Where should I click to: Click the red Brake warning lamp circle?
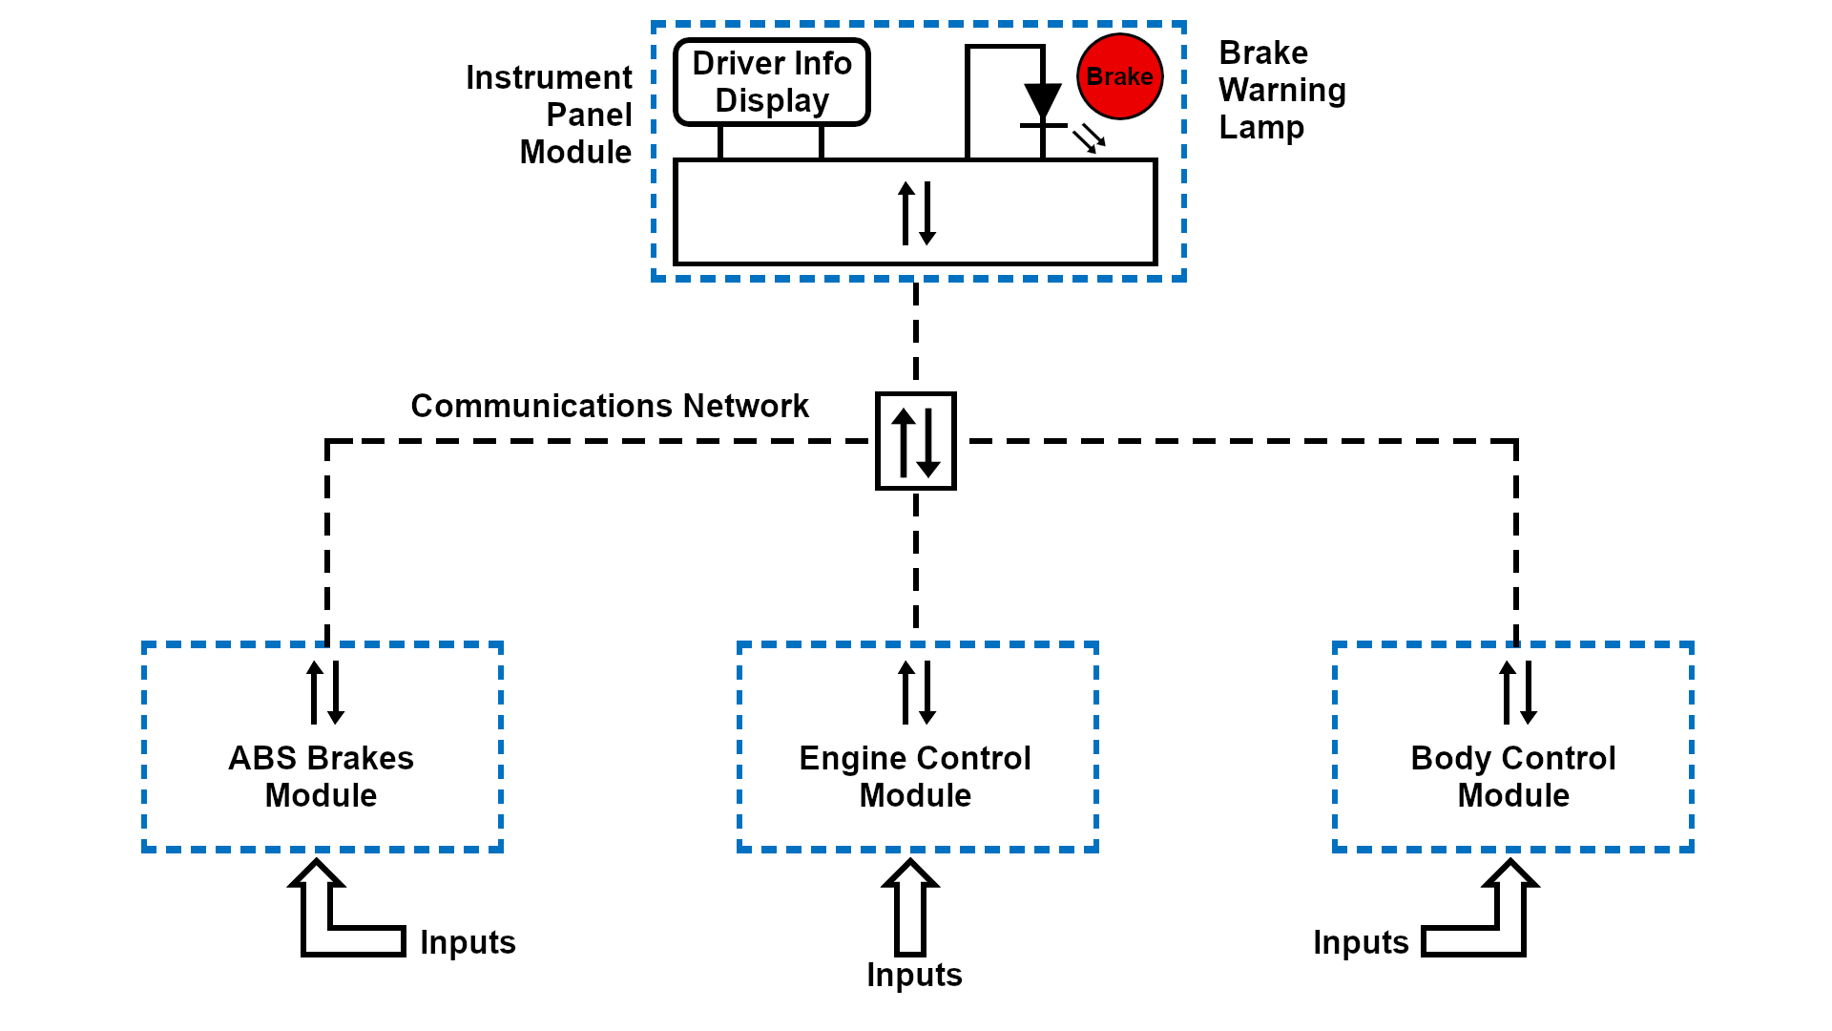click(x=1119, y=76)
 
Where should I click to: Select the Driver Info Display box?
click(x=772, y=82)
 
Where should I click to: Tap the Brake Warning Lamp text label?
click(x=1281, y=90)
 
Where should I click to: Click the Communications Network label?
click(x=610, y=406)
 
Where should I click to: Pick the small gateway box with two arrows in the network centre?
click(x=916, y=441)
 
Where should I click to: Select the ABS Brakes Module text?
click(x=322, y=776)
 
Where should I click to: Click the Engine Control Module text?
click(x=915, y=776)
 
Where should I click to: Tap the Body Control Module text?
click(x=1513, y=776)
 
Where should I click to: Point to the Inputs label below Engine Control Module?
click(x=914, y=975)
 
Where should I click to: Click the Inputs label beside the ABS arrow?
click(x=468, y=942)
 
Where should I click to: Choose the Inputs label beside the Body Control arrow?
click(x=1361, y=942)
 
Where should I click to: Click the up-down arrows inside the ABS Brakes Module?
click(x=324, y=692)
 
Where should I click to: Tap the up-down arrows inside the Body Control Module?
click(x=1517, y=692)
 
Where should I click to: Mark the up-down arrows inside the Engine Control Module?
click(x=917, y=692)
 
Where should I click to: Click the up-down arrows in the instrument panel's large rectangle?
click(x=917, y=213)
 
